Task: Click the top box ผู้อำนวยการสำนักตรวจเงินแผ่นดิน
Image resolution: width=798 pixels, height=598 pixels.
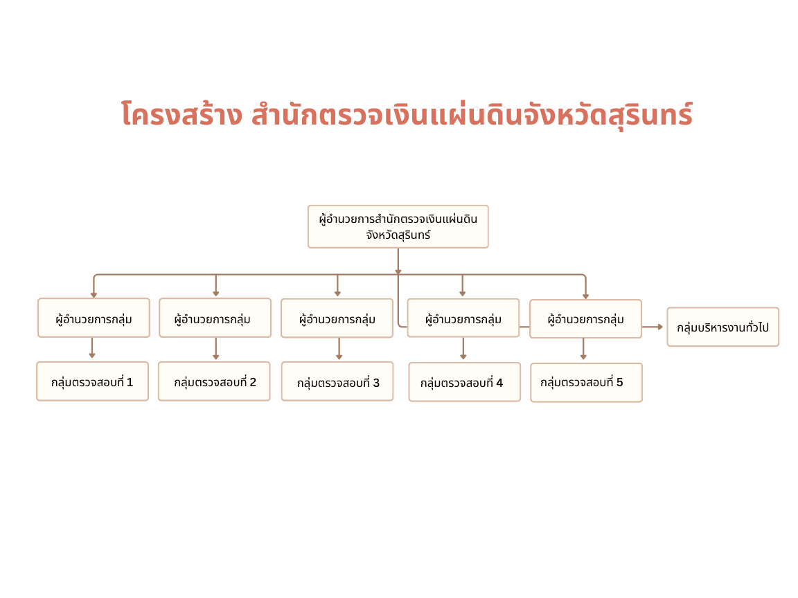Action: point(398,227)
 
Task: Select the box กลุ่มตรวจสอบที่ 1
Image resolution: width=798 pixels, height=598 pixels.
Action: point(93,381)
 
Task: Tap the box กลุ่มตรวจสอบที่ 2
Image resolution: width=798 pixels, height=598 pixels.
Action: point(214,381)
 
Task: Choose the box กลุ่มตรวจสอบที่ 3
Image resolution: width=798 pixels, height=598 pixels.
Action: point(337,382)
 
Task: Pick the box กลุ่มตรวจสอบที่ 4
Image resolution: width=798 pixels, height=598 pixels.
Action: point(465,382)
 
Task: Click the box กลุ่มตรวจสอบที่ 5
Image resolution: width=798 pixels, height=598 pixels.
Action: point(586,383)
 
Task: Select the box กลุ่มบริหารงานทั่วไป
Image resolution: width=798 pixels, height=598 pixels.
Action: point(723,327)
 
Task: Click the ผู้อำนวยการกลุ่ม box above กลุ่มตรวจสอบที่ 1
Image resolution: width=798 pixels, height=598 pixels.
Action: point(94,318)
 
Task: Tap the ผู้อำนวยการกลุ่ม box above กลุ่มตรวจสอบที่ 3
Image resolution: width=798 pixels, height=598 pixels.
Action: point(337,318)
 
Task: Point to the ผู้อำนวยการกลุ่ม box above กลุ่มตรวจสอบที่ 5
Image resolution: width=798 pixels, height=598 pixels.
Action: point(586,319)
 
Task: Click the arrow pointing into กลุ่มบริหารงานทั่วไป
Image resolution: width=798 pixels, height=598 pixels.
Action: point(653,327)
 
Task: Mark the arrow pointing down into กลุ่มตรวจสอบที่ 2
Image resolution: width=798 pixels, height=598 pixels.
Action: point(216,349)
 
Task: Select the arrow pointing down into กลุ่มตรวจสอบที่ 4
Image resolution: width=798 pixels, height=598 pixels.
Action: point(463,349)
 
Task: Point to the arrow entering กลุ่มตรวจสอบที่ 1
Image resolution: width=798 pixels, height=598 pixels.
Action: point(92,348)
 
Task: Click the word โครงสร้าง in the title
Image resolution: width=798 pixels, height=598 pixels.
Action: point(181,114)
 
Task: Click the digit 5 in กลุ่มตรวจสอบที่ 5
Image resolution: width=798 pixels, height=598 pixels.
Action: point(619,382)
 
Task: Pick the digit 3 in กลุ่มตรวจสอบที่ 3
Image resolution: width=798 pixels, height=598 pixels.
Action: point(376,382)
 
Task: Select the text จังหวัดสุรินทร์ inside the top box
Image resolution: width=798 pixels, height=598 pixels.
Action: point(398,235)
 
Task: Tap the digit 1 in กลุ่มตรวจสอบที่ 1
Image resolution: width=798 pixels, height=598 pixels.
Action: point(130,382)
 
